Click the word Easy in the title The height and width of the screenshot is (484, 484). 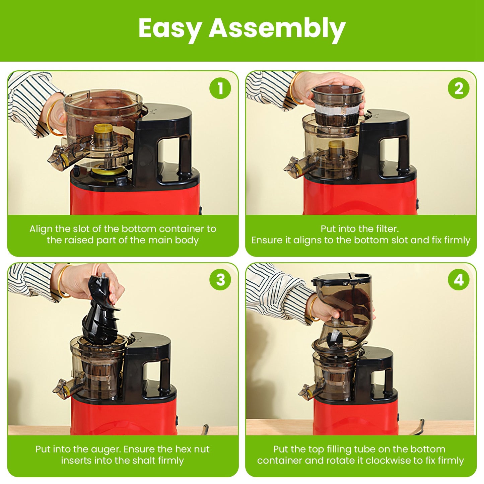[x=170, y=28]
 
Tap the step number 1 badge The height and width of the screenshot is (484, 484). [x=220, y=89]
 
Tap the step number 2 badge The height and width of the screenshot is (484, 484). [x=459, y=89]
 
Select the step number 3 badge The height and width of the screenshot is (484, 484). [x=220, y=280]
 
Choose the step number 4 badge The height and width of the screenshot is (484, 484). [x=459, y=280]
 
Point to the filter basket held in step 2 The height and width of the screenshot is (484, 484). [x=337, y=106]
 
